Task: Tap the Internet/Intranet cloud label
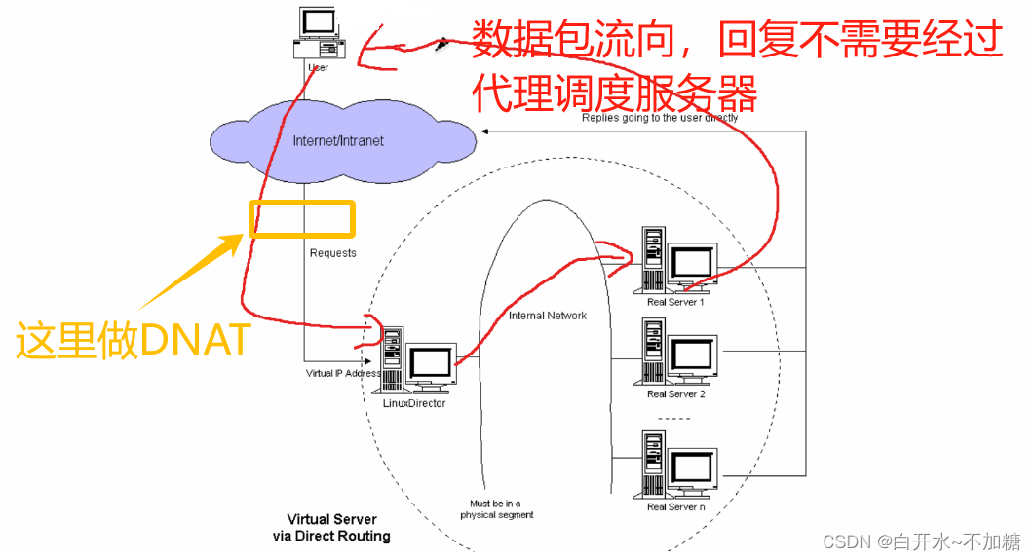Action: pyautogui.click(x=338, y=141)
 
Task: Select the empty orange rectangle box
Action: pyautogui.click(x=302, y=218)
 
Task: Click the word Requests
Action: pyautogui.click(x=333, y=253)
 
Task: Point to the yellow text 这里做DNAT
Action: pyautogui.click(x=133, y=341)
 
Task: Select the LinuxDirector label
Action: pyautogui.click(x=413, y=402)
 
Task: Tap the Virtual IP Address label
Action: pyautogui.click(x=343, y=373)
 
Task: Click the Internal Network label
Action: pyautogui.click(x=548, y=316)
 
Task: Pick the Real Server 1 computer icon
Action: pyautogui.click(x=677, y=260)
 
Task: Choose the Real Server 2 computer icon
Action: pyautogui.click(x=677, y=352)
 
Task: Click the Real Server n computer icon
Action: pyautogui.click(x=677, y=464)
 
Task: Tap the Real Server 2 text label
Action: pyautogui.click(x=675, y=394)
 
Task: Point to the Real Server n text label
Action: pyautogui.click(x=675, y=506)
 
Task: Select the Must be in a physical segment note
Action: pyautogui.click(x=497, y=509)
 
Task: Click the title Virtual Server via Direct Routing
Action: pyautogui.click(x=331, y=528)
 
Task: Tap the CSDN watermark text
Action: pyautogui.click(x=923, y=541)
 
